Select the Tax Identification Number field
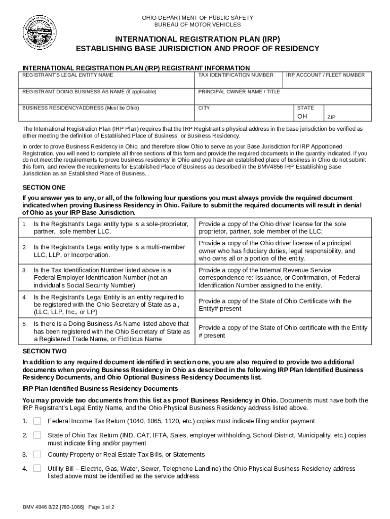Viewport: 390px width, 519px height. [x=238, y=82]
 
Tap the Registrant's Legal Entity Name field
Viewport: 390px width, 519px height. [x=106, y=82]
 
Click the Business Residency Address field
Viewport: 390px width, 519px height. [x=106, y=116]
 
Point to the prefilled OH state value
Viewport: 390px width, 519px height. [x=302, y=117]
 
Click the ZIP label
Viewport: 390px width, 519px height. [x=331, y=117]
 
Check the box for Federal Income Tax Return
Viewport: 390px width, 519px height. [x=37, y=421]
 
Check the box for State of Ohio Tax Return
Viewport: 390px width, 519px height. [x=37, y=435]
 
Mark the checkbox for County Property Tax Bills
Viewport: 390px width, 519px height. [x=37, y=455]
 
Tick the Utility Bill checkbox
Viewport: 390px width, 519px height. [x=37, y=469]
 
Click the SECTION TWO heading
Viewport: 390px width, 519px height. [x=44, y=351]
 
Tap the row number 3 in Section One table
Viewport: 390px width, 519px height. [x=24, y=271]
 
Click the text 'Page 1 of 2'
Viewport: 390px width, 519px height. [x=101, y=507]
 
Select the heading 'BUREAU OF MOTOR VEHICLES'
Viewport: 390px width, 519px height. [x=198, y=25]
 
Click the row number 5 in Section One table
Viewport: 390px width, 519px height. [x=24, y=324]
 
